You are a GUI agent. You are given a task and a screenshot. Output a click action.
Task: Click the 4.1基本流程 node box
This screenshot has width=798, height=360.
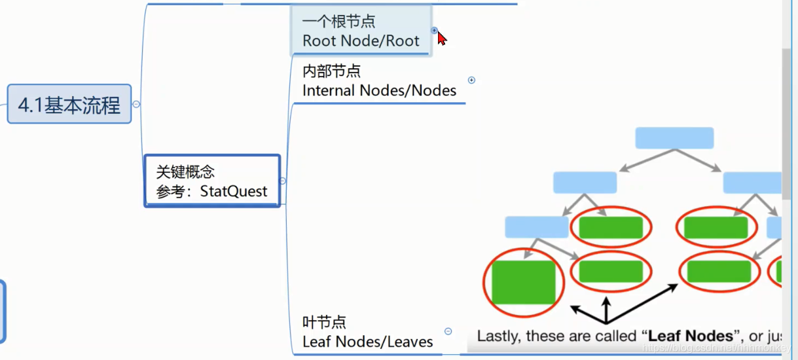[x=69, y=104]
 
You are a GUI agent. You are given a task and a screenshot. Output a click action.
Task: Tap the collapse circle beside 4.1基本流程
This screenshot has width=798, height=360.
[x=136, y=104]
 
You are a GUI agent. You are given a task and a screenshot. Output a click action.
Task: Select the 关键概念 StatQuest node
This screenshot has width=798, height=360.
[x=212, y=181]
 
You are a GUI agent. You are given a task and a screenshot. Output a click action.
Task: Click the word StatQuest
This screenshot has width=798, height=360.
[x=234, y=191]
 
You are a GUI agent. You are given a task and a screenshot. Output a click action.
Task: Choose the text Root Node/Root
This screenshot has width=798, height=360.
[x=361, y=41]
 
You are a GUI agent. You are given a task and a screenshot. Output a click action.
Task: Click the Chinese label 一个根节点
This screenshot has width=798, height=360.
[x=338, y=22]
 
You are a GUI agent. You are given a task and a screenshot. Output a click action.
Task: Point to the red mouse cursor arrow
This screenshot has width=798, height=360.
[x=441, y=38]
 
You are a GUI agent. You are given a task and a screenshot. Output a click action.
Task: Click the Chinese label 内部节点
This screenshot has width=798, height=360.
[x=331, y=71]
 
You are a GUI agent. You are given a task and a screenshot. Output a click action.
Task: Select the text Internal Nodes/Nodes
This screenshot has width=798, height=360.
[x=379, y=90]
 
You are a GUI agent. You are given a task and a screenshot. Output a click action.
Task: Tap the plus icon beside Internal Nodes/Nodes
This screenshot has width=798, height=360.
[x=471, y=81]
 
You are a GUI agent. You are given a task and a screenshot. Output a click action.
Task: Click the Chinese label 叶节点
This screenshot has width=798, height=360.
[x=324, y=322]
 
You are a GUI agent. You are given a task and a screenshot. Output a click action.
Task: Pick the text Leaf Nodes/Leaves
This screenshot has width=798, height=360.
[x=367, y=342]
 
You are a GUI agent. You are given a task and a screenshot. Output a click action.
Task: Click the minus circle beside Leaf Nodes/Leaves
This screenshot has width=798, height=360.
[x=448, y=331]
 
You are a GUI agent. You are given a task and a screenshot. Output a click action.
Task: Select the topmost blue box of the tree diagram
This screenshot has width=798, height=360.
[x=674, y=138]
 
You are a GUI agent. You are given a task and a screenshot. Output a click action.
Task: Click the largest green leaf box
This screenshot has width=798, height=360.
[x=523, y=282]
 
